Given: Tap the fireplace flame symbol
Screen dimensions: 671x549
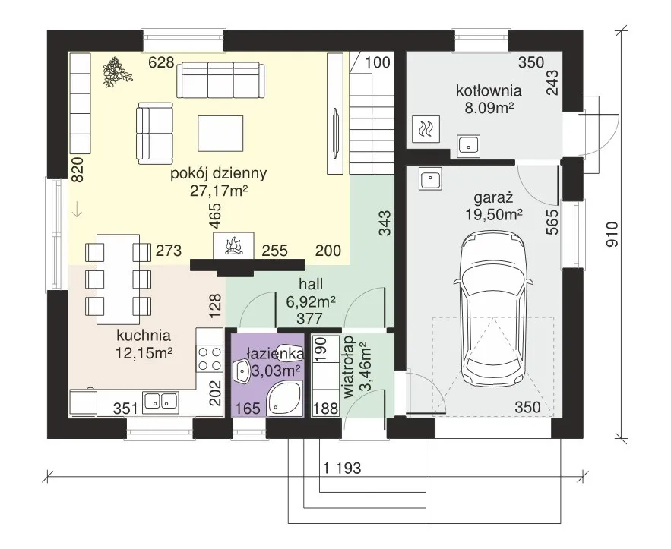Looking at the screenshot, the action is pos(233,246).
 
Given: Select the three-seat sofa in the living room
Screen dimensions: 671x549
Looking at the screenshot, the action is pos(221,80).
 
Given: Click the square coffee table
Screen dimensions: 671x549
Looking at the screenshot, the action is pos(220,134).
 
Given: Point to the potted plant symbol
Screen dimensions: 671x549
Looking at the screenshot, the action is pos(116,73).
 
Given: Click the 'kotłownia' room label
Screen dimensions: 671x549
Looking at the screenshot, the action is pos(489,90).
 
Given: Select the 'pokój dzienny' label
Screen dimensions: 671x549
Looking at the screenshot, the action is pos(219,174).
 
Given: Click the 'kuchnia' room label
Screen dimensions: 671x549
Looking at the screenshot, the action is pos(144,336).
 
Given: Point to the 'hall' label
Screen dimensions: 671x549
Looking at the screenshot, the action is pos(311,284).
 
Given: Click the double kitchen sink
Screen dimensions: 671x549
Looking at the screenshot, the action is pos(160,401).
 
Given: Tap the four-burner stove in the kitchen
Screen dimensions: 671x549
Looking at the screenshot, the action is pos(209,358).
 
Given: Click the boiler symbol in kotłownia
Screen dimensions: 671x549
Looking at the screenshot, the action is pos(426,128).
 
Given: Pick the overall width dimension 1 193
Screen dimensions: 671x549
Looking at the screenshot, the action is pos(342,469).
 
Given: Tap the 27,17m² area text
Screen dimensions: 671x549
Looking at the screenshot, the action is pos(219,191).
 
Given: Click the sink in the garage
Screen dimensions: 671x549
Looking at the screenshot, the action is pos(432,178).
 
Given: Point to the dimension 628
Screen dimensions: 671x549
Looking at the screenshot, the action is pos(161,62).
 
